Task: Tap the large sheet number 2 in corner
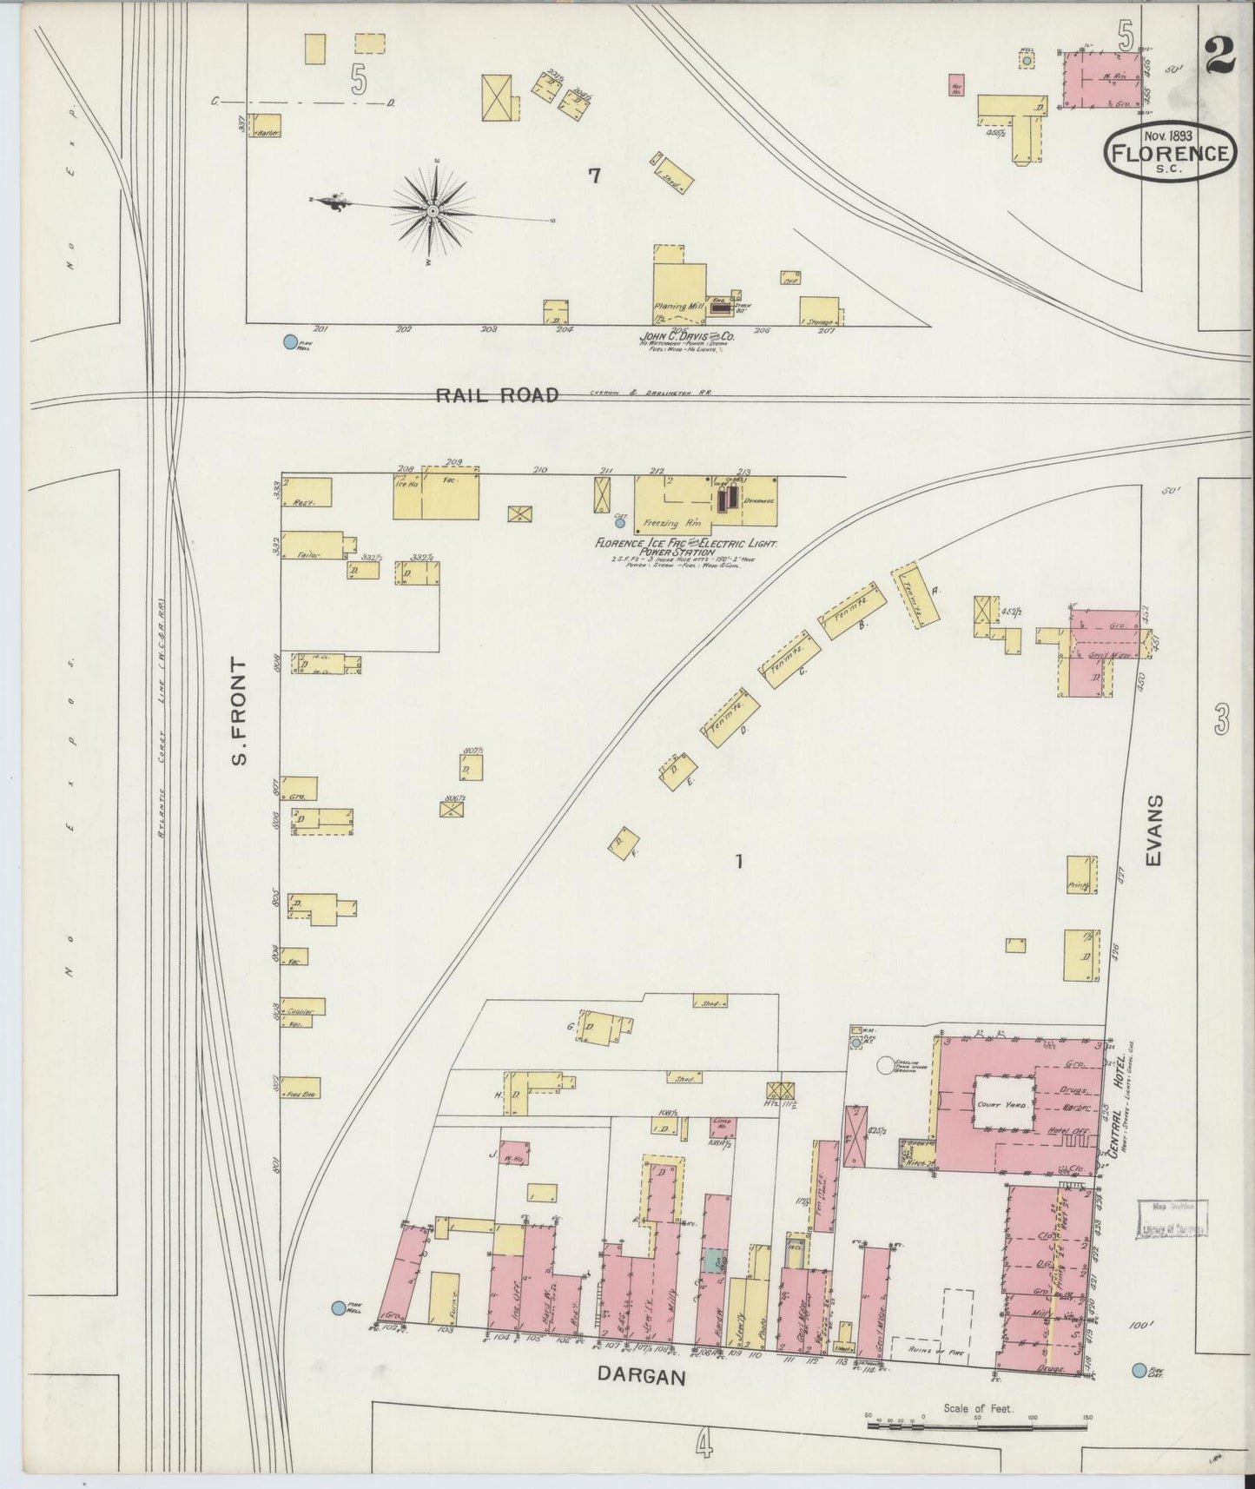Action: click(1219, 59)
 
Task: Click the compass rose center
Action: click(432, 209)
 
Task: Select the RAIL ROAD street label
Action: click(496, 395)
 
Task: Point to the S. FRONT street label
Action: click(241, 711)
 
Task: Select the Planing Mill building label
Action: click(677, 307)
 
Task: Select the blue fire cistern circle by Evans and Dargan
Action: click(1139, 1371)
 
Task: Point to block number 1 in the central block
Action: click(738, 862)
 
